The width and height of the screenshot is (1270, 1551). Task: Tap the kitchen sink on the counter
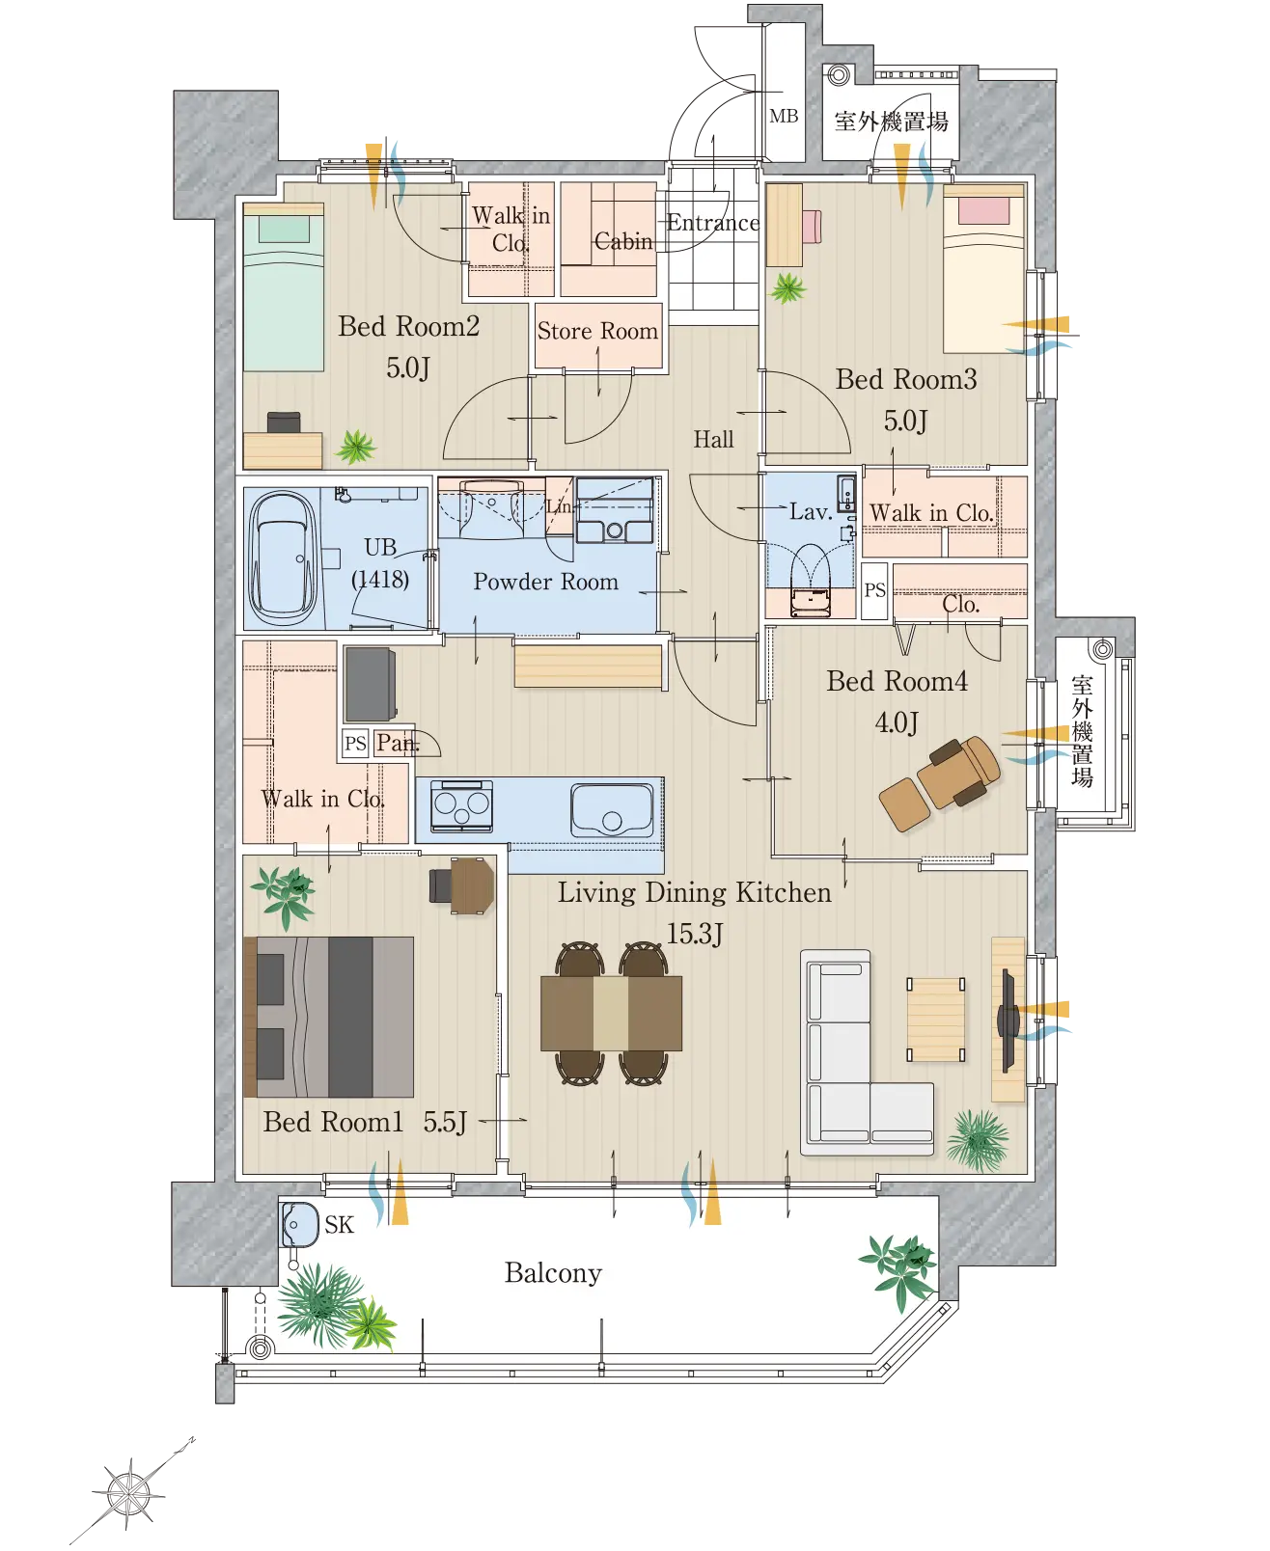click(x=612, y=809)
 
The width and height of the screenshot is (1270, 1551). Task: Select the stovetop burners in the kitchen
click(x=461, y=805)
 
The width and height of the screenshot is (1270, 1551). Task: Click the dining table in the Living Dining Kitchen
click(x=611, y=1013)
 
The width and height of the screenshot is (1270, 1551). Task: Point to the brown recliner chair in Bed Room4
click(x=941, y=781)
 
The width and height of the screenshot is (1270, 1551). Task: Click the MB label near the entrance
click(x=784, y=116)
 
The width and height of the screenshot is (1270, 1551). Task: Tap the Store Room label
click(x=597, y=331)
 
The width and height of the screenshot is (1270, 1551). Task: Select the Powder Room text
click(x=545, y=582)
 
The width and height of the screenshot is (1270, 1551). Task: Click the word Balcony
click(x=553, y=1273)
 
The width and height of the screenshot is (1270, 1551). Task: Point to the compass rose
click(x=128, y=1494)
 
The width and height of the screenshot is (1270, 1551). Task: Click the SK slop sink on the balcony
click(x=299, y=1225)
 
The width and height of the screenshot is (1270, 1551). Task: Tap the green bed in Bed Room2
click(x=284, y=287)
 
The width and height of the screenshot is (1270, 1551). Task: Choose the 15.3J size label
click(x=695, y=934)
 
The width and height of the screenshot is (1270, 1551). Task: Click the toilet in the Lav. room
click(x=810, y=581)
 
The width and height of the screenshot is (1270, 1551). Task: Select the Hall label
click(x=714, y=440)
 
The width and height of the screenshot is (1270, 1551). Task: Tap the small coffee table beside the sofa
click(x=936, y=1020)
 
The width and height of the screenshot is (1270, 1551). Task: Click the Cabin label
click(x=623, y=241)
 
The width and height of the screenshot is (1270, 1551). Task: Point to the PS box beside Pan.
click(x=355, y=743)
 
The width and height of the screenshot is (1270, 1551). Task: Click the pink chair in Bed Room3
click(x=812, y=226)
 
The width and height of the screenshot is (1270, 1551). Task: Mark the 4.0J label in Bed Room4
click(x=897, y=722)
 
